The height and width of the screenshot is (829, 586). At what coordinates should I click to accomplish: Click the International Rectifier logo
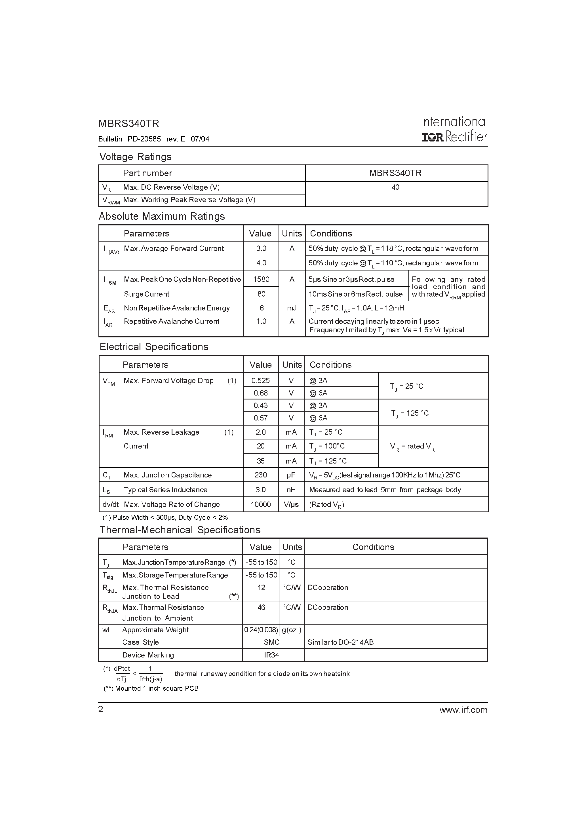click(454, 128)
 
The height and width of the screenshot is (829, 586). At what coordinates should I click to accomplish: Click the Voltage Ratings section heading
click(136, 157)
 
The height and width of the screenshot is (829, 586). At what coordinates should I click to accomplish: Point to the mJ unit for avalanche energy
click(292, 308)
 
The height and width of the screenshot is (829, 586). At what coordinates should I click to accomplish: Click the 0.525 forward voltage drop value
click(260, 380)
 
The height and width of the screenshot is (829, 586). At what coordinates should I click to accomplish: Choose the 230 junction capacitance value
click(260, 475)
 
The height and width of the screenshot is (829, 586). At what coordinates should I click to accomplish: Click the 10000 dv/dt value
click(260, 504)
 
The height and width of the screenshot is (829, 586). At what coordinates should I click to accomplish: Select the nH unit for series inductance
click(291, 490)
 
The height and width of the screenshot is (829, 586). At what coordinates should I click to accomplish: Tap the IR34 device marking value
click(271, 655)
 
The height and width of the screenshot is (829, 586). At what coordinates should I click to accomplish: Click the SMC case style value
click(271, 642)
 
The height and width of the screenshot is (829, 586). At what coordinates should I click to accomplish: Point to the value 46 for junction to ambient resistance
click(261, 607)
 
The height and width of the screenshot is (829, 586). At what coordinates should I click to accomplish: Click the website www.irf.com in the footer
click(463, 710)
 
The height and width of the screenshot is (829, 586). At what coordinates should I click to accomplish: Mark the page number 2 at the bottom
click(101, 709)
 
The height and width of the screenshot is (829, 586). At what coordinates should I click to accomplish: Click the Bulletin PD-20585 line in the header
click(153, 139)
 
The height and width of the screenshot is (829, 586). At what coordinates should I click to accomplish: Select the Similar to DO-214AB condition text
click(340, 642)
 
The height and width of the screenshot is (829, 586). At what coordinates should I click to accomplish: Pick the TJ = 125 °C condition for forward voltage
click(410, 413)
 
